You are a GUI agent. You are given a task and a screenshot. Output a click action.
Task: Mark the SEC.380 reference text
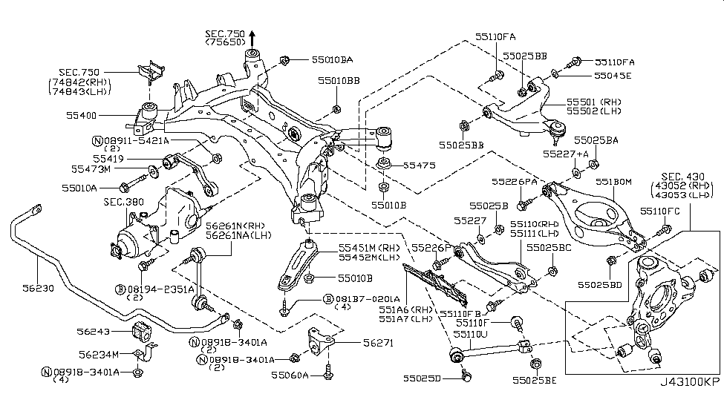123,201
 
